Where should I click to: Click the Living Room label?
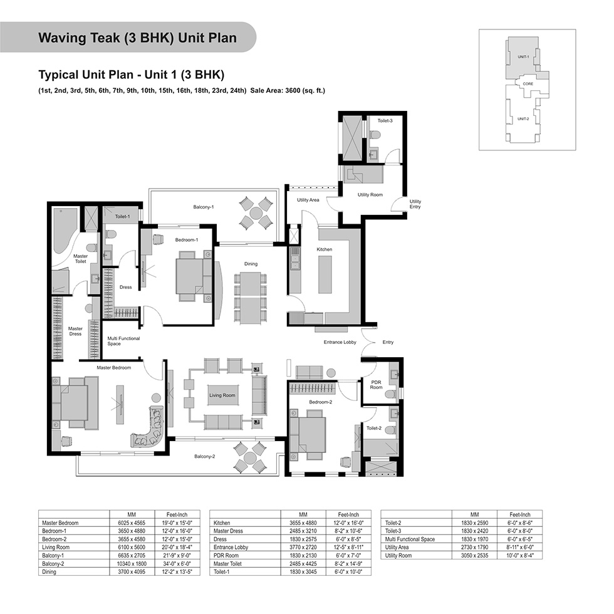222,395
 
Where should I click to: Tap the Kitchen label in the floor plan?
325,249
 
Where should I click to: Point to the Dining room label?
251,264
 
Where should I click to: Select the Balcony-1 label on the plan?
203,207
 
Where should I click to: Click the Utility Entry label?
415,204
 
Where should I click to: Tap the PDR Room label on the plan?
376,385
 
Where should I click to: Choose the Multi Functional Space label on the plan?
123,341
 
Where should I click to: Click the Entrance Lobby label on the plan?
340,342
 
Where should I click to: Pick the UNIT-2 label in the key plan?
523,118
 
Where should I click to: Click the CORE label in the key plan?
528,83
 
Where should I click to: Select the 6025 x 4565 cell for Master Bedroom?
132,523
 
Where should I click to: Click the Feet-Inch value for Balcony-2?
177,564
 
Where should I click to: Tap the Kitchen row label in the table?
222,523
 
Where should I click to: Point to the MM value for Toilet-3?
475,531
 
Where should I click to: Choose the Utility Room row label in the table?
398,555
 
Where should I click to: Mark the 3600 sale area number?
293,90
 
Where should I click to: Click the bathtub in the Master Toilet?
63,231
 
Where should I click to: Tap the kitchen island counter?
325,274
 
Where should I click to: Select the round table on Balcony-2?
249,457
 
